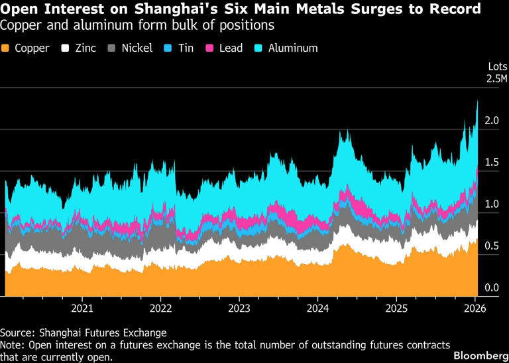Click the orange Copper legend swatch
(6, 48)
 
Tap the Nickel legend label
(137, 48)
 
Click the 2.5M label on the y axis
(496, 78)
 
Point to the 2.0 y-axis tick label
(491, 121)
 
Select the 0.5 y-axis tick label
(491, 246)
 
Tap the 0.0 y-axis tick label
(491, 288)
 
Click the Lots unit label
(497, 66)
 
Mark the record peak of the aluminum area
(478, 101)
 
